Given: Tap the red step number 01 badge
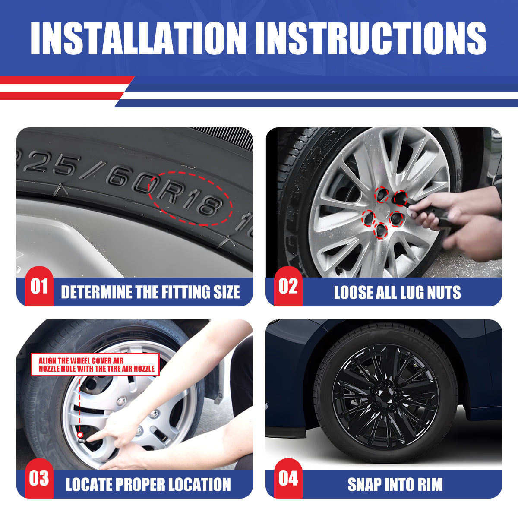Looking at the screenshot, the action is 39,286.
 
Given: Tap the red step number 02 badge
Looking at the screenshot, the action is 288,286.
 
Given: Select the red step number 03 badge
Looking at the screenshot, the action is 39,478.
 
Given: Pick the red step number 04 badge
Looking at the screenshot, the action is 288,478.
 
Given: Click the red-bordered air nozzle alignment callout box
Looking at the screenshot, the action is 95,364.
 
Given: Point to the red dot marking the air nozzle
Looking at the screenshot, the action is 80,435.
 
